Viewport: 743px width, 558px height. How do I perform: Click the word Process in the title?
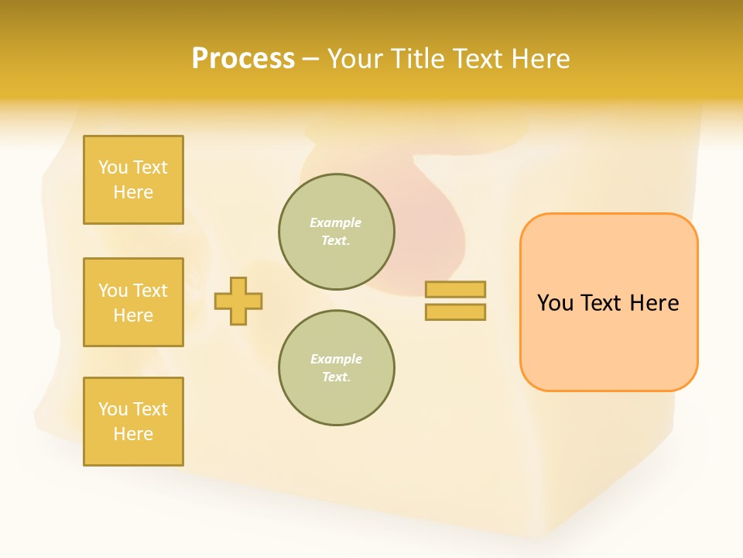[x=243, y=59]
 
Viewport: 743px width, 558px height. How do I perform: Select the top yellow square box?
[x=133, y=180]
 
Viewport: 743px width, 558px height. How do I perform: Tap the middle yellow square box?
[x=133, y=302]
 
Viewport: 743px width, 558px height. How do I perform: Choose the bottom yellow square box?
[x=133, y=422]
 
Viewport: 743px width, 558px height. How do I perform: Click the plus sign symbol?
[x=238, y=301]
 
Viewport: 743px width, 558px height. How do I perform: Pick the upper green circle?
[x=337, y=232]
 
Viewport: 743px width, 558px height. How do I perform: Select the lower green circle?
[x=337, y=368]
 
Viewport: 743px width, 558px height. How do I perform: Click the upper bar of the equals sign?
[x=455, y=289]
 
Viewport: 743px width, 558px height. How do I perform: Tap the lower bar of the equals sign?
[x=455, y=312]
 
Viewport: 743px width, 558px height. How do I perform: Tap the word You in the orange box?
[x=555, y=303]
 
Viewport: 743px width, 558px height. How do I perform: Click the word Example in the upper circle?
[x=335, y=222]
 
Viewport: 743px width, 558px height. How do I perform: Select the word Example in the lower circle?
[x=336, y=359]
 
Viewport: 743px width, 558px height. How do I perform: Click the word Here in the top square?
[x=133, y=192]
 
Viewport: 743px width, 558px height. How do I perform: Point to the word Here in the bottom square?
[x=133, y=434]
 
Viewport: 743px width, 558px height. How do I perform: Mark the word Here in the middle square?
[x=133, y=315]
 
